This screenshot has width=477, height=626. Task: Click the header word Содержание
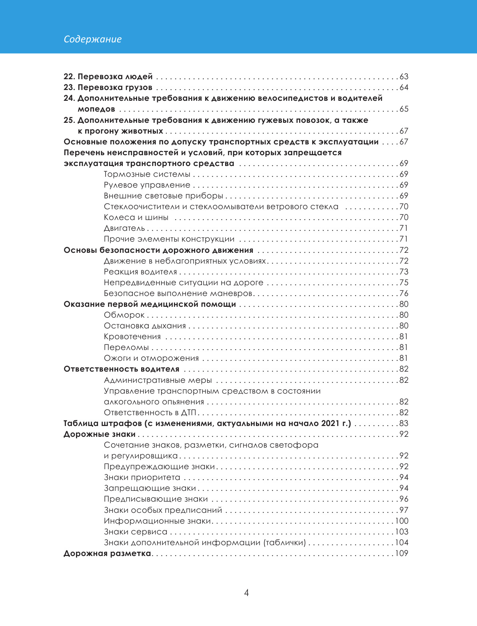tap(93, 39)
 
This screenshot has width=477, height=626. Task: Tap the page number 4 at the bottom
tap(246, 592)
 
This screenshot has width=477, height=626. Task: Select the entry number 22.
tap(69, 76)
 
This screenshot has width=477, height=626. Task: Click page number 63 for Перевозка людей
tap(404, 76)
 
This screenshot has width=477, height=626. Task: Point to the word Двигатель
tap(124, 228)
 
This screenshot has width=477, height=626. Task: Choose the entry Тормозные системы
tap(147, 174)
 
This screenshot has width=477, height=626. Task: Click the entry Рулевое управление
tap(147, 185)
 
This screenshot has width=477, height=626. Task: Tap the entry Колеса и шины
tap(136, 218)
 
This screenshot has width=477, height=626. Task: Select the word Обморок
tap(124, 315)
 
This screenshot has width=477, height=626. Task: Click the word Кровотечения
tap(132, 337)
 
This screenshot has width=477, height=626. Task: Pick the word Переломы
tap(126, 348)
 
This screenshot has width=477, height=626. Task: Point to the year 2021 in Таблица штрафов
tap(330, 423)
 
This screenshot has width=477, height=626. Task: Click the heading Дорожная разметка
tap(107, 554)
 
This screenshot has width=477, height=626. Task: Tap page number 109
tap(402, 554)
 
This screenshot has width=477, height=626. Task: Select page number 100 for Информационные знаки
tap(402, 521)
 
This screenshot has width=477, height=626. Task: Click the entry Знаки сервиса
tap(136, 532)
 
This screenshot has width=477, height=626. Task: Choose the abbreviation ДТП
tap(188, 412)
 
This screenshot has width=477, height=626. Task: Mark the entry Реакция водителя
tap(140, 272)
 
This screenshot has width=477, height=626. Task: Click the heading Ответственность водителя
tap(122, 369)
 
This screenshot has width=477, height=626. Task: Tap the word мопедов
tap(96, 109)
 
